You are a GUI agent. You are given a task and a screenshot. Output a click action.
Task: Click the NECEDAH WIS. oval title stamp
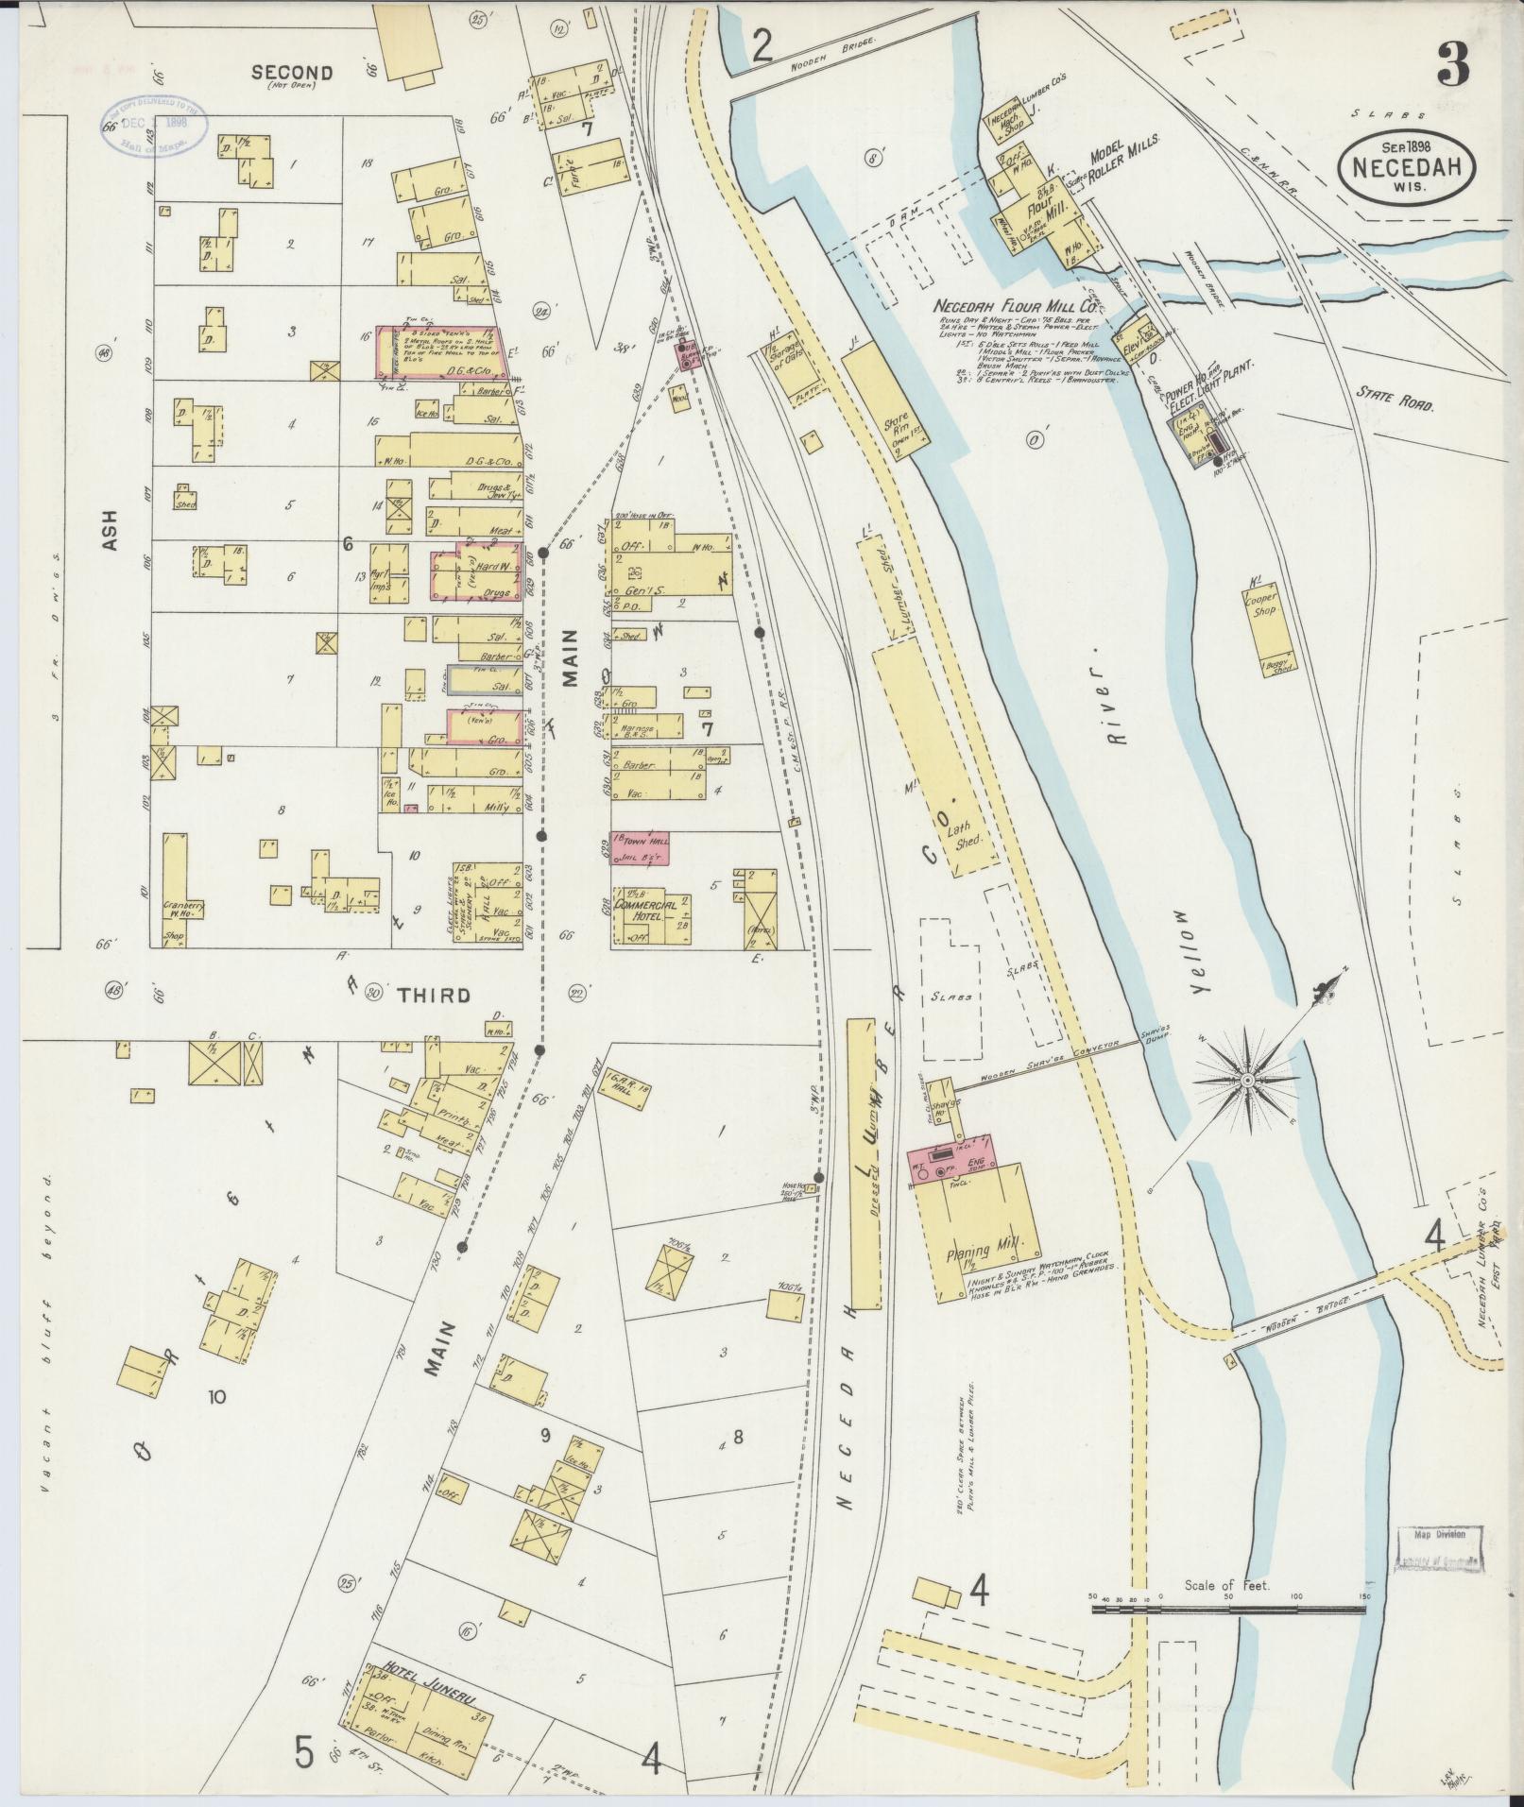point(1406,166)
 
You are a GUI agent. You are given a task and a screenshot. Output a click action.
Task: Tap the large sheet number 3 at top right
point(1452,65)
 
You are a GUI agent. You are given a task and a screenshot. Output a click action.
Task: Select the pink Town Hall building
point(640,845)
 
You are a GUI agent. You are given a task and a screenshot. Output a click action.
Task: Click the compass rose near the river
point(1246,1079)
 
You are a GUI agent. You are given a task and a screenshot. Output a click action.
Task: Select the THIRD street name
point(432,995)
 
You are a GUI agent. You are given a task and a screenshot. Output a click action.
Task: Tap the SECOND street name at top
point(292,73)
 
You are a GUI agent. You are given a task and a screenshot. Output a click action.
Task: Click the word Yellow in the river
point(1201,953)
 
